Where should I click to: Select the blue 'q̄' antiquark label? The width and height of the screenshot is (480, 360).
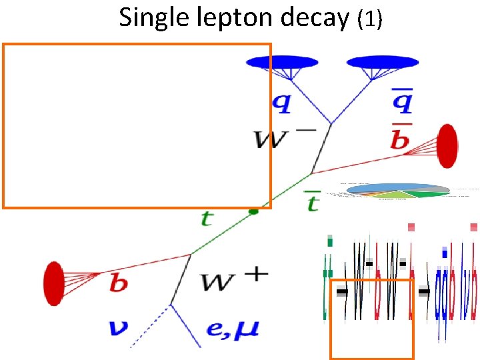click(401, 102)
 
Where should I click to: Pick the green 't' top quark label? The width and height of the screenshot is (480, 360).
click(207, 218)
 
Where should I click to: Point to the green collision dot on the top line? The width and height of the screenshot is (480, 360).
click(253, 211)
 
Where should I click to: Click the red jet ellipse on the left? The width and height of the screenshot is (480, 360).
click(53, 284)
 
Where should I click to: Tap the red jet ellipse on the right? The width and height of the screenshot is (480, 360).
click(447, 145)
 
